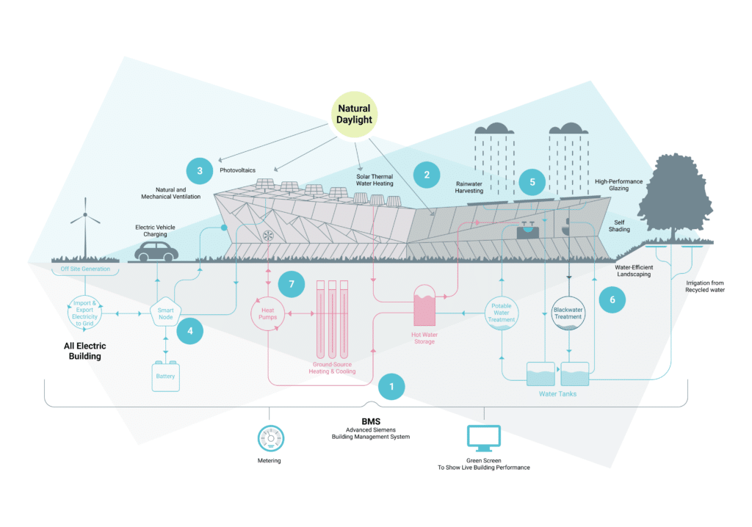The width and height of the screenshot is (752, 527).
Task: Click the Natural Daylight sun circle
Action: tap(354, 115)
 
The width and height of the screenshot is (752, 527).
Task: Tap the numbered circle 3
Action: tap(200, 171)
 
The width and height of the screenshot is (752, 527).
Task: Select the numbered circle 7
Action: tap(291, 284)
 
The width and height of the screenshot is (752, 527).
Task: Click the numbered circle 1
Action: tap(391, 387)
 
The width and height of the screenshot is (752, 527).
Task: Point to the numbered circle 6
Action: tap(612, 299)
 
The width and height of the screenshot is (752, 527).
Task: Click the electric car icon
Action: tap(156, 252)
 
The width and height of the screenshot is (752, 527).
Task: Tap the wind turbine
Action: tap(85, 228)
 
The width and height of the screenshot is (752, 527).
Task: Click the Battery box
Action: tap(165, 377)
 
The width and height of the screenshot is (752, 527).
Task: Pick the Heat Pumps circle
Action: tap(267, 313)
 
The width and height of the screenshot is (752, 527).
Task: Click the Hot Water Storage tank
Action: tap(424, 305)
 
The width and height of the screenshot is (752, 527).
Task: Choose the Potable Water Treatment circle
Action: tap(501, 313)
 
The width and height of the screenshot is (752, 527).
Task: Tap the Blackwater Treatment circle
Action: tap(568, 313)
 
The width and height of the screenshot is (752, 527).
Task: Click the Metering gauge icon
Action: tap(270, 438)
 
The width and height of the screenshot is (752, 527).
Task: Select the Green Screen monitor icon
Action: tap(484, 438)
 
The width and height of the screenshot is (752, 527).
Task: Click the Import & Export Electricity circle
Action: tap(84, 313)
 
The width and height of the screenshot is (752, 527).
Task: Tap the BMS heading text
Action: tap(371, 421)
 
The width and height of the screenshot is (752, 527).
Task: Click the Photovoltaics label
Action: tap(237, 170)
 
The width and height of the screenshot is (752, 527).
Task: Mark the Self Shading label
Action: tap(619, 226)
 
